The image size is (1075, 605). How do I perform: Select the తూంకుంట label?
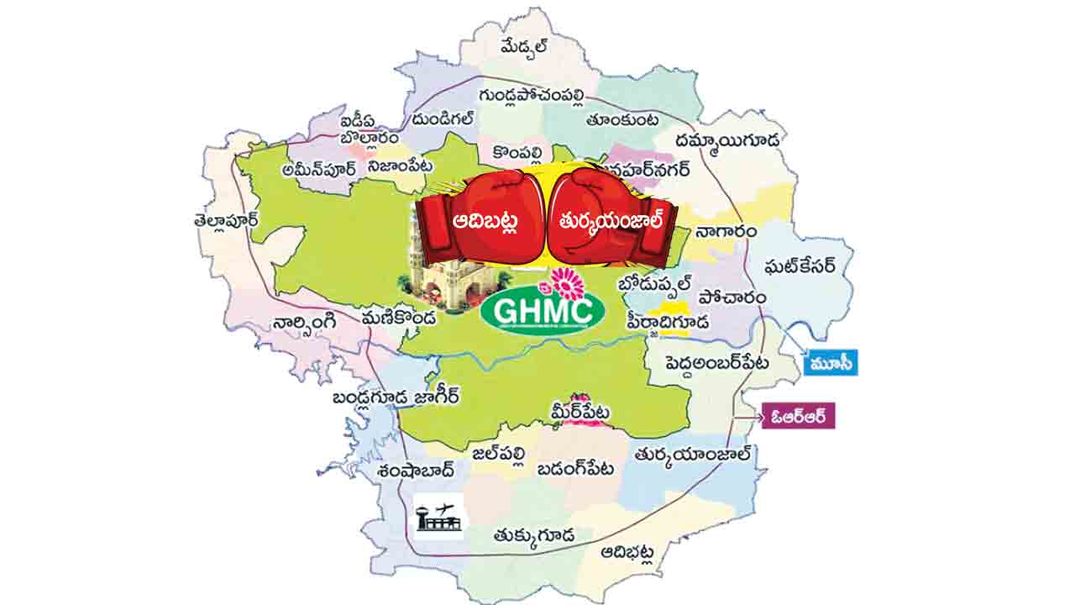coord(622,120)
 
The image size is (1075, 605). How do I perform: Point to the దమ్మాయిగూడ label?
coord(727,139)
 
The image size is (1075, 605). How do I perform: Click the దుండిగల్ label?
coord(444,120)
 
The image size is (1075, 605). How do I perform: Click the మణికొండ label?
coord(398,319)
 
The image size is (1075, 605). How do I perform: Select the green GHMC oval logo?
coord(543,310)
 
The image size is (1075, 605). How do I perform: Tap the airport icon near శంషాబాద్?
coord(438,514)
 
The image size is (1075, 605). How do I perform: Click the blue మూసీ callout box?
coord(831,363)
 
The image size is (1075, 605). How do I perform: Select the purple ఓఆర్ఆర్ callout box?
coord(798,417)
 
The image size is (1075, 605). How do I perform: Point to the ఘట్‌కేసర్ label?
coord(800,267)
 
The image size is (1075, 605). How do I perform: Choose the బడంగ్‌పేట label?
coord(575,469)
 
